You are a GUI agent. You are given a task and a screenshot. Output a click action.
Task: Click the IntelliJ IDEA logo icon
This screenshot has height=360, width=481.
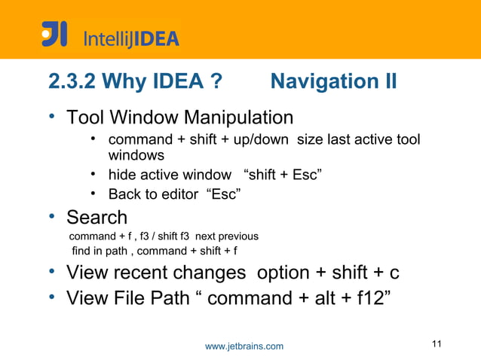54,34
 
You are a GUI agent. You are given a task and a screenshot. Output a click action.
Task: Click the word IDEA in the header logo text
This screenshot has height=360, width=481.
155,38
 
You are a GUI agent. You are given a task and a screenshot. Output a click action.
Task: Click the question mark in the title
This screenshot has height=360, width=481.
215,81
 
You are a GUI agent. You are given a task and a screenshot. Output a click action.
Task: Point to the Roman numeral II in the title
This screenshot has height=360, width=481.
387,81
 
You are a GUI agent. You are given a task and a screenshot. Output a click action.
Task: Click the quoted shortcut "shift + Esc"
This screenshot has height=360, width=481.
284,176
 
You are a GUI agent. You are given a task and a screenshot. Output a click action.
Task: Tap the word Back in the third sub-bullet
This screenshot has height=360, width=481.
124,195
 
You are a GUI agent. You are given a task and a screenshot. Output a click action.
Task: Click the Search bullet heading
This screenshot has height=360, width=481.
97,218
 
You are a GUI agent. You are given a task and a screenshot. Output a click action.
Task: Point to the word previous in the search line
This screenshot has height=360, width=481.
237,236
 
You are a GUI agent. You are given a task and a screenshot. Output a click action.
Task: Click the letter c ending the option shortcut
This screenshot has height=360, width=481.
394,273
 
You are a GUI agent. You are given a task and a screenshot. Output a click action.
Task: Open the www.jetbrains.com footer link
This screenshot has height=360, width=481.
244,346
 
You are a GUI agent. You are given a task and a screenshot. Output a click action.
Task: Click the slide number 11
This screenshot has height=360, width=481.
437,344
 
